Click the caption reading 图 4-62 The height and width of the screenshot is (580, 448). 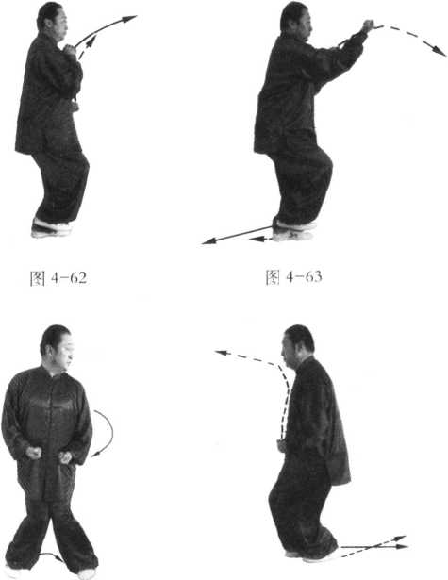tap(58, 278)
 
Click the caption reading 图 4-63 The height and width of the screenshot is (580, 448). tap(293, 277)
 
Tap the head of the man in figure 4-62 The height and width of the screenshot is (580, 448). tap(52, 19)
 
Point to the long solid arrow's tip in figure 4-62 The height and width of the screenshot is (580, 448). tap(137, 16)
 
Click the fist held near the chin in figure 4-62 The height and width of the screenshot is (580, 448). tap(69, 49)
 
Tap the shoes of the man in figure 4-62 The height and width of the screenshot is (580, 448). tap(51, 227)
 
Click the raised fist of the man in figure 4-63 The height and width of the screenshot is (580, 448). tap(368, 25)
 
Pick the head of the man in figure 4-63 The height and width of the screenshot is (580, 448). tap(296, 19)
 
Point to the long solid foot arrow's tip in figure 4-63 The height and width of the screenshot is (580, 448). tap(202, 243)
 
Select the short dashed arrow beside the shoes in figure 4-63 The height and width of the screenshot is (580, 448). tap(260, 239)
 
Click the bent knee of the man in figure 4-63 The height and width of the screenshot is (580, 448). tap(325, 165)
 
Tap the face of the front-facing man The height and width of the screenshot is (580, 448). tap(62, 354)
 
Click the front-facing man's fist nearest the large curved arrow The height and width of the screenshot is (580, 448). tap(65, 457)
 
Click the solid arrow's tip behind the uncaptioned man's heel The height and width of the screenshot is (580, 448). tap(407, 546)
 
